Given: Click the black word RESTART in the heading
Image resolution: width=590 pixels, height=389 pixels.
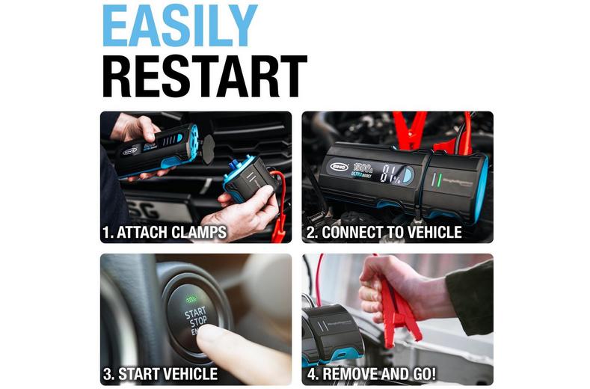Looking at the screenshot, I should tap(204, 76).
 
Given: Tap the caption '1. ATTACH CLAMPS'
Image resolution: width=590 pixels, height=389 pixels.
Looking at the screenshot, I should tap(164, 233).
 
